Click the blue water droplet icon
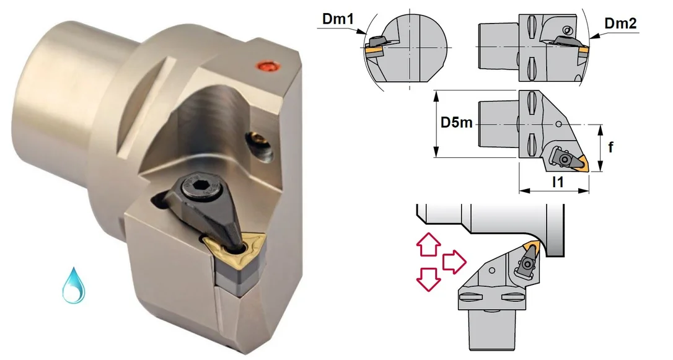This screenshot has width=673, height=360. [73, 286]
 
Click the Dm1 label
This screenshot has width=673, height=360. [337, 19]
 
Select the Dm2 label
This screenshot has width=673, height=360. [620, 24]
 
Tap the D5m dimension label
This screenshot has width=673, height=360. [457, 123]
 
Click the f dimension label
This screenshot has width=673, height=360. [611, 147]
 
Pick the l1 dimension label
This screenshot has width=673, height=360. [558, 182]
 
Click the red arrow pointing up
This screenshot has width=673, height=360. [428, 244]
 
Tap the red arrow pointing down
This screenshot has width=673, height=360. [428, 279]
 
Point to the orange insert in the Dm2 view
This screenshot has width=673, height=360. [583, 55]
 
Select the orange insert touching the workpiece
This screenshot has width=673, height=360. [533, 247]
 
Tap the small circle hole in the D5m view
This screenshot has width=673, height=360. [558, 125]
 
